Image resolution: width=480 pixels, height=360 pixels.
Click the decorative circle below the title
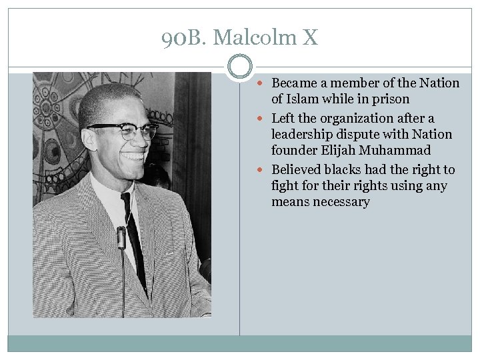240,67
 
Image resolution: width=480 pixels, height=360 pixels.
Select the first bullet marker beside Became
264,83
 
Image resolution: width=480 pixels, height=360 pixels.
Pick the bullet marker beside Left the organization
264,119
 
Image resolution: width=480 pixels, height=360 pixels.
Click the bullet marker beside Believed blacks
264,170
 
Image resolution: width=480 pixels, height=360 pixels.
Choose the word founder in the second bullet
293,151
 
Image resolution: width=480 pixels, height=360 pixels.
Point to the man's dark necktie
134,233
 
